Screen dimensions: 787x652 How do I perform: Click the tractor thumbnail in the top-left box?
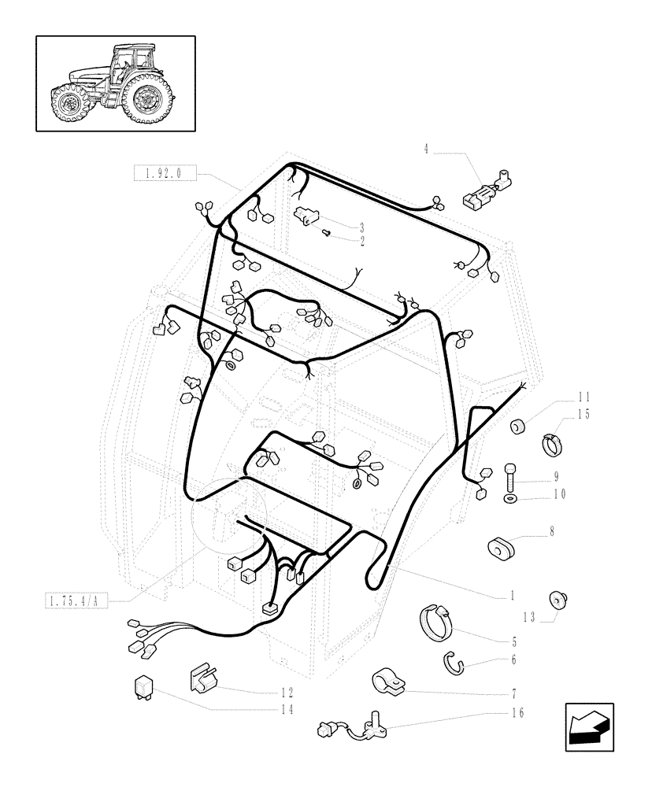point(115,83)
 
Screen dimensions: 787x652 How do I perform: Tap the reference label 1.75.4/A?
point(75,602)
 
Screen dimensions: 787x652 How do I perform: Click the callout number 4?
point(426,147)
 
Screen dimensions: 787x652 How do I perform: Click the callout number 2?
point(362,242)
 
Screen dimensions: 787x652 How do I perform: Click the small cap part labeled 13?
point(558,600)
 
